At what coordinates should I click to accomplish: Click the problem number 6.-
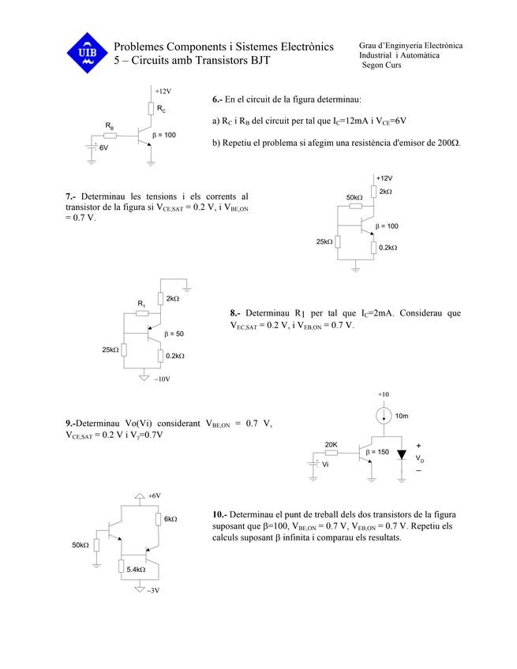point(218,100)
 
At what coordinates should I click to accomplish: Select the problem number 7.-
point(71,196)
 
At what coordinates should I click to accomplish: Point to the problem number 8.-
point(236,313)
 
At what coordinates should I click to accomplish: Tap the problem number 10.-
point(222,514)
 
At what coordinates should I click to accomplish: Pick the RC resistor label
point(160,109)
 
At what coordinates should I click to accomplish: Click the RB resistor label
point(110,125)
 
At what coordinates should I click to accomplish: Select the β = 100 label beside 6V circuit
point(163,135)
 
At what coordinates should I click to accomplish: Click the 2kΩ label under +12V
point(385,192)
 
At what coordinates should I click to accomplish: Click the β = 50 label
point(174,334)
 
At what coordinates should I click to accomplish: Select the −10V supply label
point(162,379)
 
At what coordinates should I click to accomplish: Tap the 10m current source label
point(401,416)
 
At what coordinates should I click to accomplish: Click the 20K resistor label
point(332,444)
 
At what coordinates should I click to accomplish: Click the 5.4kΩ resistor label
point(136,569)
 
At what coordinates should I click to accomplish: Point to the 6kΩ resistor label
point(170,519)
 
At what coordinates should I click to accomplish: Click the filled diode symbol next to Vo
point(402,455)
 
